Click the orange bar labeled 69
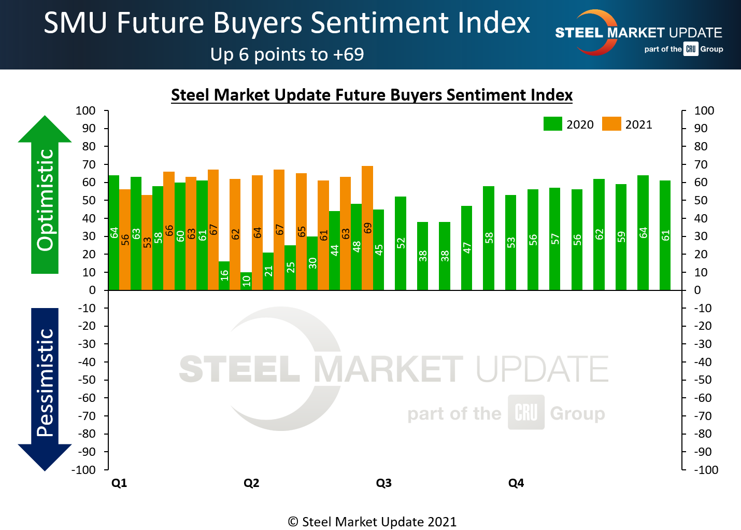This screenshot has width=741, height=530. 367,228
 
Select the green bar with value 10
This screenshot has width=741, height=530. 246,281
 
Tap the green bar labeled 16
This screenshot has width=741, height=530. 224,275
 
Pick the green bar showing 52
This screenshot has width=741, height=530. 401,243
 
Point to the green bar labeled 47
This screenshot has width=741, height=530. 466,248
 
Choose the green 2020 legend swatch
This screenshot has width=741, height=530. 552,124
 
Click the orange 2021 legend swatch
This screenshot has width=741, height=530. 611,124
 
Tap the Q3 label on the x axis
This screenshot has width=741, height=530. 383,483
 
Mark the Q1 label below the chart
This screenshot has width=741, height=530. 119,483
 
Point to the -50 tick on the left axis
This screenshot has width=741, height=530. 87,380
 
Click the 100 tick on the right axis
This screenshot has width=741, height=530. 704,110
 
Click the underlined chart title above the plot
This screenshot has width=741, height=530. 372,95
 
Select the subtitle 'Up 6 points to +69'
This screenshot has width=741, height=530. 287,54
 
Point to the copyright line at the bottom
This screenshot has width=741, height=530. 372,522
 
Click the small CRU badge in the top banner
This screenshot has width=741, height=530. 691,49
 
